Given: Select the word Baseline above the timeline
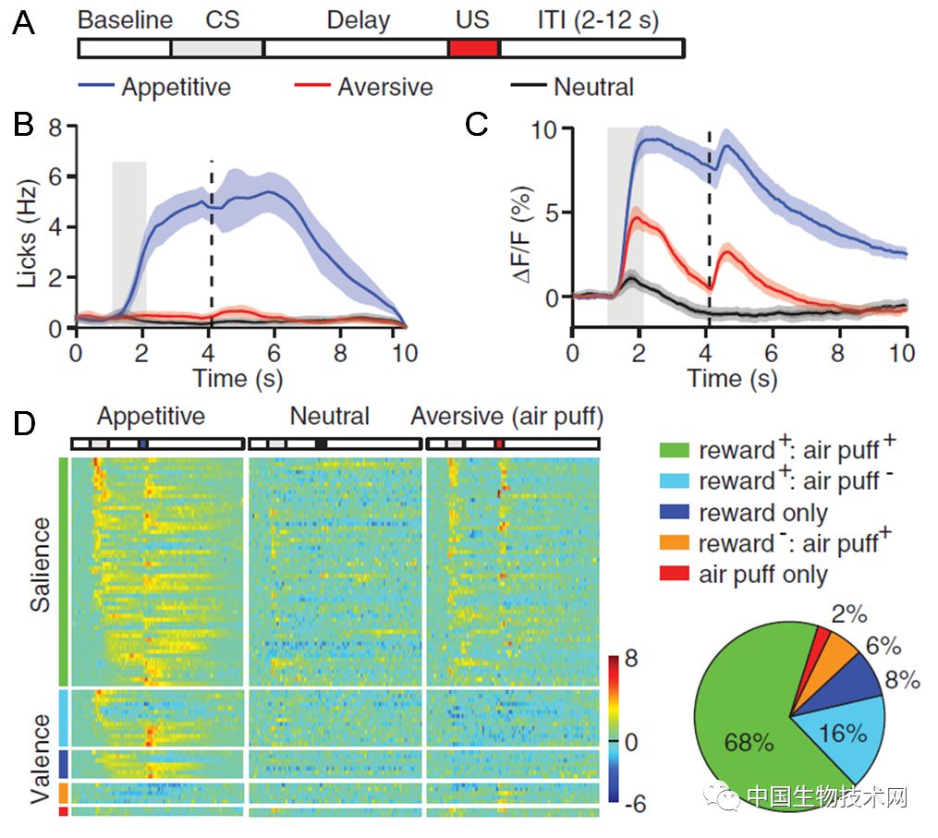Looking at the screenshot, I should [x=125, y=20].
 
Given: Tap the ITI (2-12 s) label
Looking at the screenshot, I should [x=598, y=20].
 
